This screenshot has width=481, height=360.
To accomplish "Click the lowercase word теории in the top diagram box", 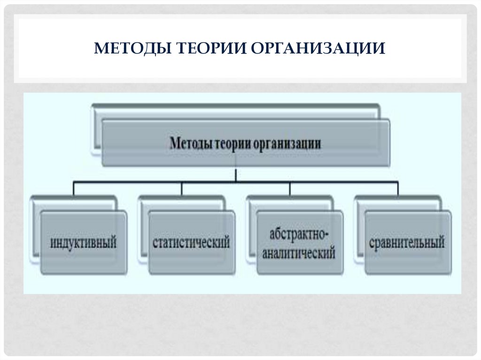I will (233, 143).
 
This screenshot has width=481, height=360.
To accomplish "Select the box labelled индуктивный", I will (84, 243).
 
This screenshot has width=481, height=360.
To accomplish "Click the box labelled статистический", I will (192, 243).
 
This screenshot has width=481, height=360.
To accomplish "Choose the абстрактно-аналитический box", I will (300, 243).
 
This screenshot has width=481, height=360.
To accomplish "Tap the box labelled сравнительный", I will (408, 243).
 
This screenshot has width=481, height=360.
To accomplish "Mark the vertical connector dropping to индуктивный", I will (74, 188).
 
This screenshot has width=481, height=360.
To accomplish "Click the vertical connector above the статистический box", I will (182, 188).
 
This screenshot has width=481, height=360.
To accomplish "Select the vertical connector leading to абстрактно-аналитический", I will (290, 188).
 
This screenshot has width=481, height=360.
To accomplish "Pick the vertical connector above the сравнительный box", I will (398, 188).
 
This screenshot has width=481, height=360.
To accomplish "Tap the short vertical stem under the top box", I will (236, 174).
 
